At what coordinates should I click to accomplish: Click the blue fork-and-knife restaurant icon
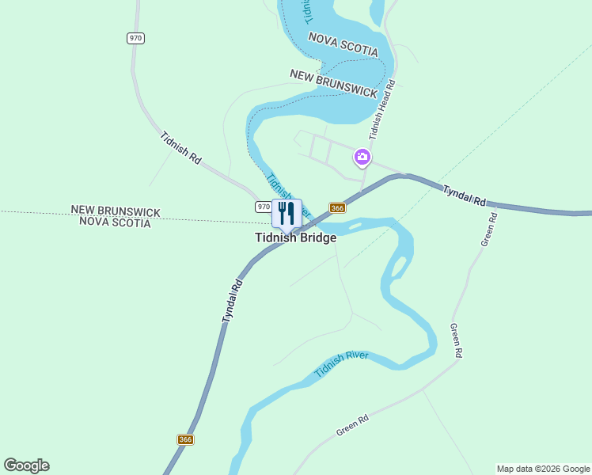point(287,212)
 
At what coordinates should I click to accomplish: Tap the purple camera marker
point(362,157)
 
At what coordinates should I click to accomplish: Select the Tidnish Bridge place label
point(295,237)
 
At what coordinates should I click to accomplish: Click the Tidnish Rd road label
point(180,147)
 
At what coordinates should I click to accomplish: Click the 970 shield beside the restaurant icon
point(264,207)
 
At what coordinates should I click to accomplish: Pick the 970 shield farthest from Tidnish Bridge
point(135,38)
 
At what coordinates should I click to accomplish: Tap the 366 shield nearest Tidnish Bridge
point(337,208)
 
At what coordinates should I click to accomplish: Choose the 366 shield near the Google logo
point(185,439)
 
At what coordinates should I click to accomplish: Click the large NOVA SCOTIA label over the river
point(343,44)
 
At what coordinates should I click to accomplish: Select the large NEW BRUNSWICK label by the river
point(333,82)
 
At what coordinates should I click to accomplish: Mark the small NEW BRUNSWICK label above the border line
point(116,211)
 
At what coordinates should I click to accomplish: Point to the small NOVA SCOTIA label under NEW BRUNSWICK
point(115,223)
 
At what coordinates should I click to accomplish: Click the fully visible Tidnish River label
point(341,363)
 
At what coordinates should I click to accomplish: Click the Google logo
point(26,465)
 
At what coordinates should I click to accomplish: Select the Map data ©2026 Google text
point(542,469)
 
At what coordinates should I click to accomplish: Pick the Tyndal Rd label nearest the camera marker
point(464,196)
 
